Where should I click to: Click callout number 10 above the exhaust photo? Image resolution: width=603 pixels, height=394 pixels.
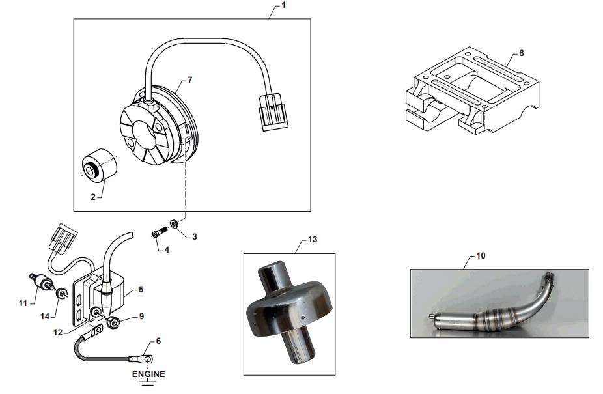click(x=481, y=256)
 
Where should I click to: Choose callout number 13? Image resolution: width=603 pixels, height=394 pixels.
click(x=313, y=240)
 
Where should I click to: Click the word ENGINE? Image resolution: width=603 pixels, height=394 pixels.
click(x=148, y=374)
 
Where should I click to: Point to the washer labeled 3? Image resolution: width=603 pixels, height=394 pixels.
click(x=174, y=224)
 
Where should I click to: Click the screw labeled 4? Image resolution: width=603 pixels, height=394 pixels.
click(x=160, y=232)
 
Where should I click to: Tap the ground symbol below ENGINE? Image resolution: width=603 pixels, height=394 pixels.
click(x=148, y=384)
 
